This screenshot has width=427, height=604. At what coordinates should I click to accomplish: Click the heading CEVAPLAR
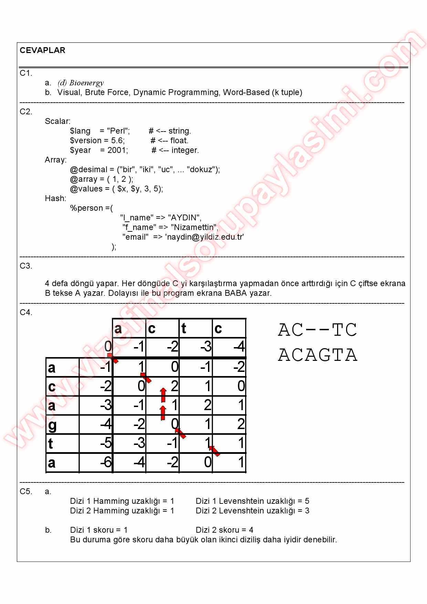[42, 50]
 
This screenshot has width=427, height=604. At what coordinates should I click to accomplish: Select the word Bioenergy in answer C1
[86, 83]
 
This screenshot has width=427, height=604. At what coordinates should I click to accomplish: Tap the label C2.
[26, 112]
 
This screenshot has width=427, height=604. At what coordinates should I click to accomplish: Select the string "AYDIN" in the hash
[185, 218]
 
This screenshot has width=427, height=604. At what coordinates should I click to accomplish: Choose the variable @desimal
[89, 169]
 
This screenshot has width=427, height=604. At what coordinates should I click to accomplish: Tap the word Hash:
[55, 198]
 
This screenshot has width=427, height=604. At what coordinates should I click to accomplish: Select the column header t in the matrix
[184, 329]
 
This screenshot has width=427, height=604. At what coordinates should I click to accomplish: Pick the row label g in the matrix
[52, 425]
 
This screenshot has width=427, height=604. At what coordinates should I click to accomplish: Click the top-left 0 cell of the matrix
[108, 346]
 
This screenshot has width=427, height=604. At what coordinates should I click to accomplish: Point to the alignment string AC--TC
[317, 330]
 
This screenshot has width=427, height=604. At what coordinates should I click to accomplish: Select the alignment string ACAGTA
[317, 355]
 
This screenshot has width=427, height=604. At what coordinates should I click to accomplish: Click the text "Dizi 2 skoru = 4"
[224, 530]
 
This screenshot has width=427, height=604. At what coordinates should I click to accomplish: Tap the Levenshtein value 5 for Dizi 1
[307, 501]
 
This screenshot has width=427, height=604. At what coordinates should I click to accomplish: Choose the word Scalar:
[58, 121]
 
